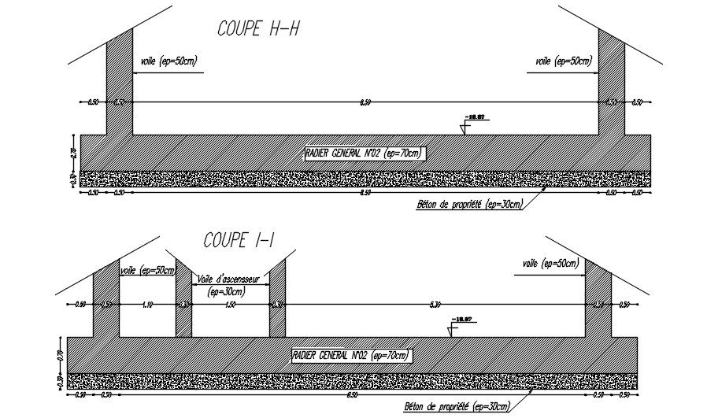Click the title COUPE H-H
(258, 28)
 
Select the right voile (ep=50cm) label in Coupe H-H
(563, 61)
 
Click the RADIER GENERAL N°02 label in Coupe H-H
(364, 153)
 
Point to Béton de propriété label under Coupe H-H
(469, 205)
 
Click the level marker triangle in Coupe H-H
(465, 128)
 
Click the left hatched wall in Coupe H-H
(120, 79)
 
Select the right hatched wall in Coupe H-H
(611, 79)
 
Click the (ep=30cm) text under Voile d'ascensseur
(226, 291)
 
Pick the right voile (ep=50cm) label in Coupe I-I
(551, 263)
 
